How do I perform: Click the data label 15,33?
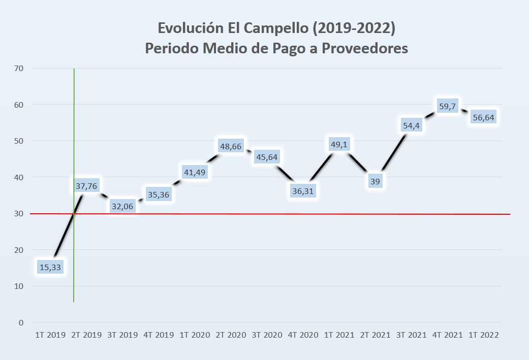coord(50,267)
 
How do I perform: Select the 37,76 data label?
coord(86,186)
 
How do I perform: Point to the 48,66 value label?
coord(231,146)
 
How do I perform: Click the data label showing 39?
coord(375,180)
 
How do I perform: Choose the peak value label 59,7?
coord(447,107)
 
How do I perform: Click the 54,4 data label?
coord(411,125)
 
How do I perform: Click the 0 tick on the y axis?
coord(21,322)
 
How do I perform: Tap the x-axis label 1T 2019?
coord(50,335)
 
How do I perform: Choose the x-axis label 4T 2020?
coord(303,335)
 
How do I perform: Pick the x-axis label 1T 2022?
coord(483,335)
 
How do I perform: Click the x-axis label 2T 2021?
coord(375,335)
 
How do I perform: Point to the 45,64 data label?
coord(267,156)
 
